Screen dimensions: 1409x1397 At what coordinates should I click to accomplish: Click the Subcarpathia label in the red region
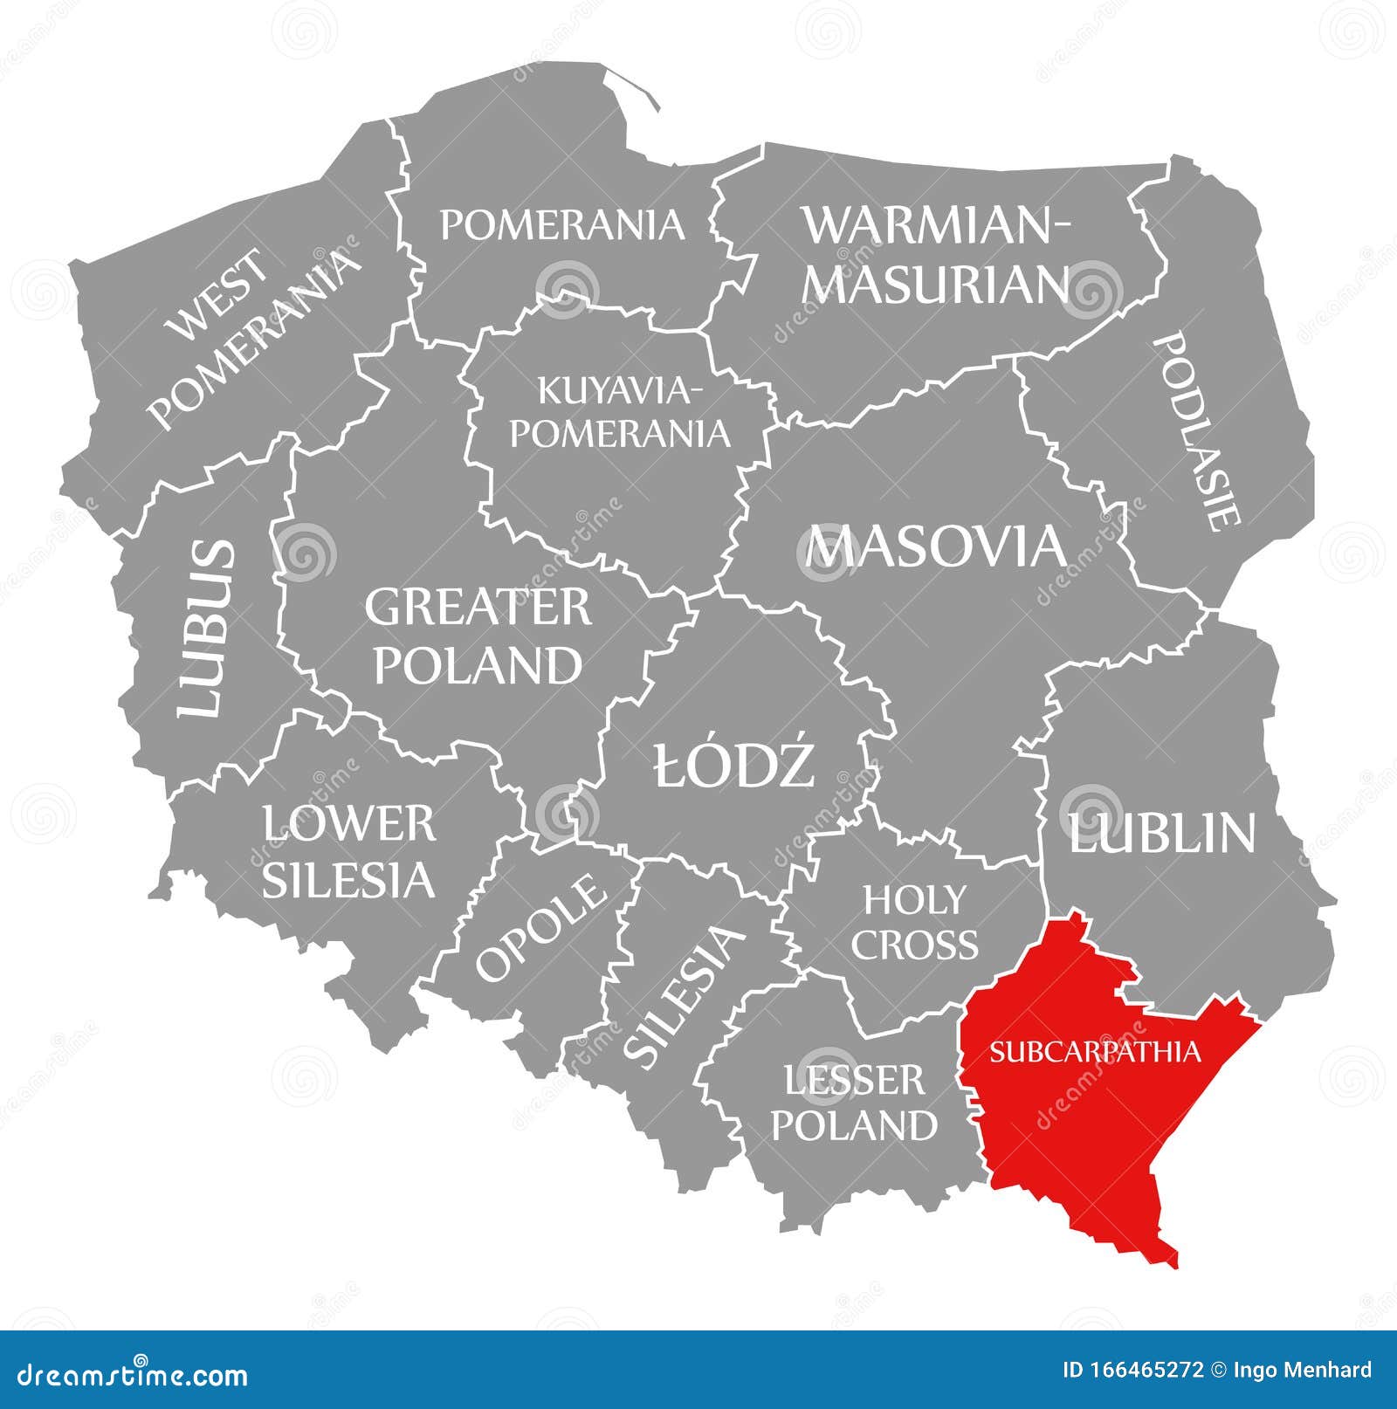(1095, 1051)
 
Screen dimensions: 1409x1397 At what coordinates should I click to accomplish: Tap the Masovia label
(936, 547)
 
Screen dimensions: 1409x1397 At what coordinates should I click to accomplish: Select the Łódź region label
(734, 765)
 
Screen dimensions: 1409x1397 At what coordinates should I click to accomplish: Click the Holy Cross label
(914, 922)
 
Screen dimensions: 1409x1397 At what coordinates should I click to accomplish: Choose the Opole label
(540, 926)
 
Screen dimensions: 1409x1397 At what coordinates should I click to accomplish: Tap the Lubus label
(208, 629)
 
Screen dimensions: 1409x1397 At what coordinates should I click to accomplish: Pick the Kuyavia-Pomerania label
(619, 411)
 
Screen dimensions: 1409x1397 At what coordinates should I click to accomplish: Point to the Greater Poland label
(478, 636)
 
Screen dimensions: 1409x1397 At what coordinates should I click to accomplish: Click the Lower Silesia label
(349, 851)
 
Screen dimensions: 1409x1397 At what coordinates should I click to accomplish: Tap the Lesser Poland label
(854, 1103)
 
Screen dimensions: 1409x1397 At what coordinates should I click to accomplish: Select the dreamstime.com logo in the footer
(127, 1377)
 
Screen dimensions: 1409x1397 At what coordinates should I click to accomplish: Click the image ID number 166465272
(1149, 1370)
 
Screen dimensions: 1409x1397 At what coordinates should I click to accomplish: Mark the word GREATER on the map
(478, 608)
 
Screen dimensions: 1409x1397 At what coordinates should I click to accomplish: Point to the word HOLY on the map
(914, 898)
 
